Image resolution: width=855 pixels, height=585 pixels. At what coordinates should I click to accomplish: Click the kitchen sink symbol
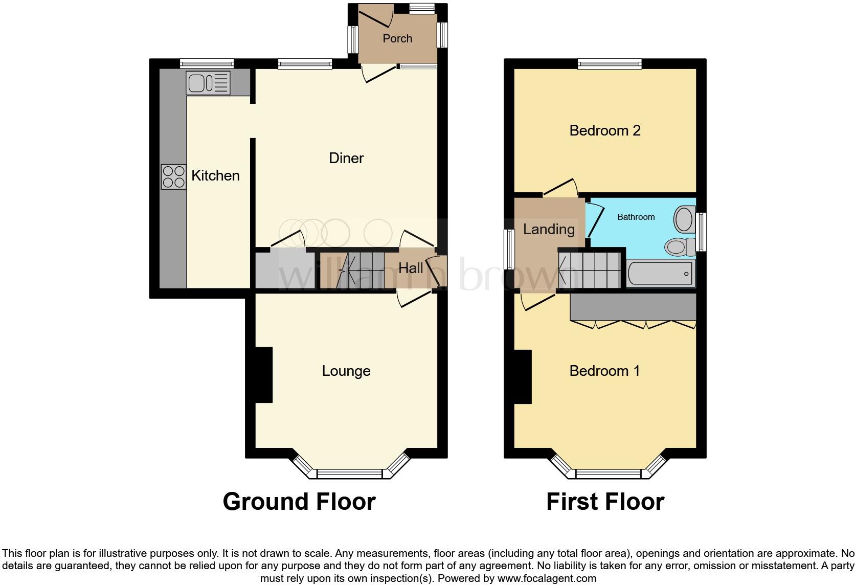209,83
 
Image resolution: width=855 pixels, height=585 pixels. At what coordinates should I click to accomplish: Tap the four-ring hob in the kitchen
174,176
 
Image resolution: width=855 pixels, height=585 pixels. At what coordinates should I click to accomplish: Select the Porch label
397,38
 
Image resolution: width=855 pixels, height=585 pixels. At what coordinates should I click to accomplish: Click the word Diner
346,158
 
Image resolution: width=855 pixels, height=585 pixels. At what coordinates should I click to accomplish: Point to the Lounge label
346,371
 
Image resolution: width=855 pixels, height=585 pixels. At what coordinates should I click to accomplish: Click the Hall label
411,268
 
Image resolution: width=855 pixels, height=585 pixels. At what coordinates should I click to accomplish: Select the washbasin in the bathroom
684,219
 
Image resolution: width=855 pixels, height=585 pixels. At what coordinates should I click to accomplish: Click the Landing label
549,229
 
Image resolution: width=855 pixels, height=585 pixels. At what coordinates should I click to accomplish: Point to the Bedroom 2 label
605,130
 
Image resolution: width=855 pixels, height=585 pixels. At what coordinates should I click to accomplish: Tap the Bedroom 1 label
605,371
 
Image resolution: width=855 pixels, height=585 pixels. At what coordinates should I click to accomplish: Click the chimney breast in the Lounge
263,375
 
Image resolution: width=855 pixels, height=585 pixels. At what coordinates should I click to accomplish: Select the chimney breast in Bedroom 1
523,377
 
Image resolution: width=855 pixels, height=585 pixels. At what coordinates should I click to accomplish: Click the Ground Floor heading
299,502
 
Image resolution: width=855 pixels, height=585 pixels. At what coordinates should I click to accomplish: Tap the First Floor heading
605,502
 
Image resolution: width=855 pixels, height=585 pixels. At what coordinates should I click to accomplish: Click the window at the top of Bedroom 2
610,64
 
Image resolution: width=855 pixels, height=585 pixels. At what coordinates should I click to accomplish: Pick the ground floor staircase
358,269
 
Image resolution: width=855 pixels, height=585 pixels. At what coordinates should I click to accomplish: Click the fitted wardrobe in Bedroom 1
633,307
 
